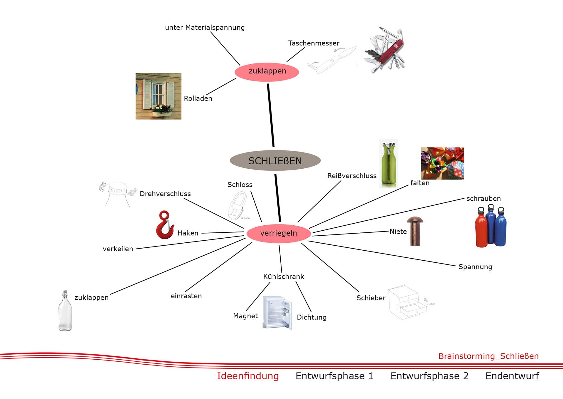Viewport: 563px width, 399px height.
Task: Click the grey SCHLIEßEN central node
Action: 275,161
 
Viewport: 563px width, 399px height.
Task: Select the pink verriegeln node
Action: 279,233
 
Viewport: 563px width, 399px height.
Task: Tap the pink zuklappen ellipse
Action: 267,71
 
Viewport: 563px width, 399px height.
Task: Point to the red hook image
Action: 164,225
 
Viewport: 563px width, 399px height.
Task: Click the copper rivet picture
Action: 415,231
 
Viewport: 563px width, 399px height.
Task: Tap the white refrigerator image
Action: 277,313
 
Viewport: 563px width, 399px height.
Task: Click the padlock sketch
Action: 237,205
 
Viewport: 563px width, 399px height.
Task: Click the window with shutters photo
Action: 158,96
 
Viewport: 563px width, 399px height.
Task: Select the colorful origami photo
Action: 442,163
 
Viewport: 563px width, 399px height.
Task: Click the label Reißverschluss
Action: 352,176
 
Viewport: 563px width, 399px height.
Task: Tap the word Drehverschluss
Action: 165,194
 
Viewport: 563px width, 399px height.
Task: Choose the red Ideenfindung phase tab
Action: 248,376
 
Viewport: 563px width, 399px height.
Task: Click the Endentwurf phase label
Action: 512,376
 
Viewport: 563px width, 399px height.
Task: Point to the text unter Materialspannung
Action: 205,28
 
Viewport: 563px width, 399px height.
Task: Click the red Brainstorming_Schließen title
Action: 489,356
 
